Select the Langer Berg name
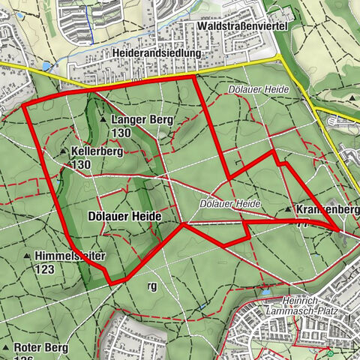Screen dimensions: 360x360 pyautogui.click(x=142, y=119)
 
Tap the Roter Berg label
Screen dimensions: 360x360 pyautogui.click(x=40, y=348)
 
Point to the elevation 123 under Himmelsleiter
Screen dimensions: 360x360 pyautogui.click(x=43, y=268)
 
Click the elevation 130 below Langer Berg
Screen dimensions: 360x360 pyautogui.click(x=121, y=132)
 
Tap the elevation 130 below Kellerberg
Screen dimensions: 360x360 pyautogui.click(x=82, y=163)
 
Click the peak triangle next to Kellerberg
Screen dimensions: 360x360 pyautogui.click(x=63, y=151)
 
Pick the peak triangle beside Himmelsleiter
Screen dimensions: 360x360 pyautogui.click(x=27, y=256)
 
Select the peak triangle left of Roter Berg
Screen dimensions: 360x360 pyautogui.click(x=5, y=349)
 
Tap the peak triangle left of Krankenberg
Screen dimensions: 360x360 pyautogui.click(x=288, y=209)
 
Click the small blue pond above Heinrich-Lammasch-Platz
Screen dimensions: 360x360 pyautogui.click(x=265, y=289)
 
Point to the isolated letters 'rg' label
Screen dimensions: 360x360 pyautogui.click(x=152, y=285)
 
